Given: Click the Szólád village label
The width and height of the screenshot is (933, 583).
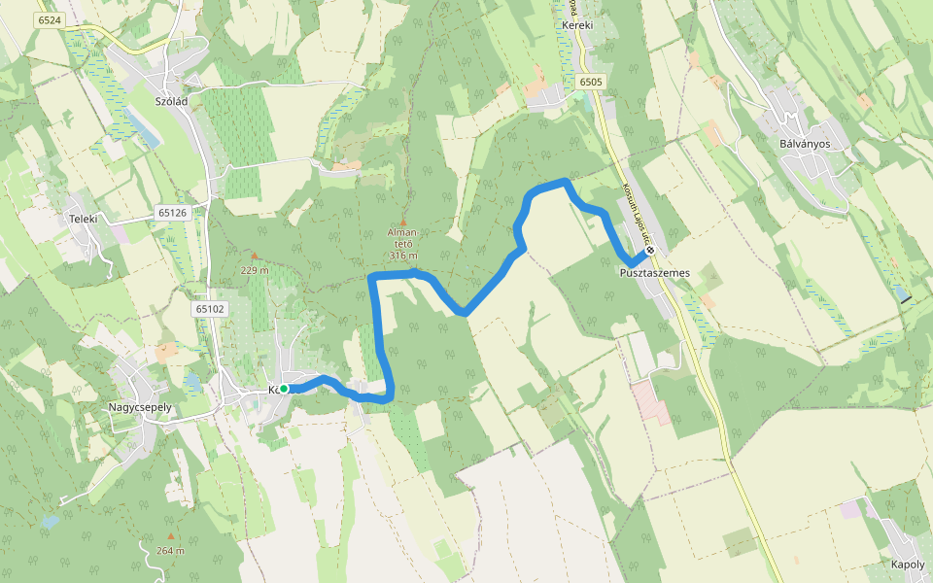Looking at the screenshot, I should click(x=170, y=100).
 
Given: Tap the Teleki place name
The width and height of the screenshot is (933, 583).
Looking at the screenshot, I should click(x=84, y=219).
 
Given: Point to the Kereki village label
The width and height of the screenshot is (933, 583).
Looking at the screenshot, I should click(x=577, y=25).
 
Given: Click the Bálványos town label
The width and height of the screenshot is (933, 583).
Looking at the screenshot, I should click(x=802, y=143).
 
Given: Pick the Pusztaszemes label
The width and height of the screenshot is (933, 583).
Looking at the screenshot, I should click(x=654, y=273).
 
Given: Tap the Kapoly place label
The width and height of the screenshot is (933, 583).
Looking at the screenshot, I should click(x=908, y=565).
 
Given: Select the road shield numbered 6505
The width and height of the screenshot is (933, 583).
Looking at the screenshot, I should click(x=590, y=82).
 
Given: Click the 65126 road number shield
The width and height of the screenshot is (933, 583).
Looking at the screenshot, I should click(x=171, y=212).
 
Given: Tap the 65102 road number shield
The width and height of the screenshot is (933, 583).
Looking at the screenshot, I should click(x=209, y=309).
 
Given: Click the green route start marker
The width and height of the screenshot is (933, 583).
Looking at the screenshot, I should click(x=284, y=389).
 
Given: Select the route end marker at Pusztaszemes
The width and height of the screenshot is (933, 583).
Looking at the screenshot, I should click(x=650, y=250).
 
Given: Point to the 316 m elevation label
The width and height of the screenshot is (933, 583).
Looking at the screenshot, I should click(x=403, y=256).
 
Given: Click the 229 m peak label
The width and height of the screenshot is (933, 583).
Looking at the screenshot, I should click(x=256, y=270).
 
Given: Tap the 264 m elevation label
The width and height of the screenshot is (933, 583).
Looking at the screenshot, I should click(x=170, y=551).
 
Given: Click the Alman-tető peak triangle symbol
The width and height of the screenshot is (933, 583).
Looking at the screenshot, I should click(x=403, y=223).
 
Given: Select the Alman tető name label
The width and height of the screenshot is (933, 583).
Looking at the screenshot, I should click(x=403, y=238).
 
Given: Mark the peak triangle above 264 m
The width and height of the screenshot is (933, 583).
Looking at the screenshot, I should click(x=171, y=535).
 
